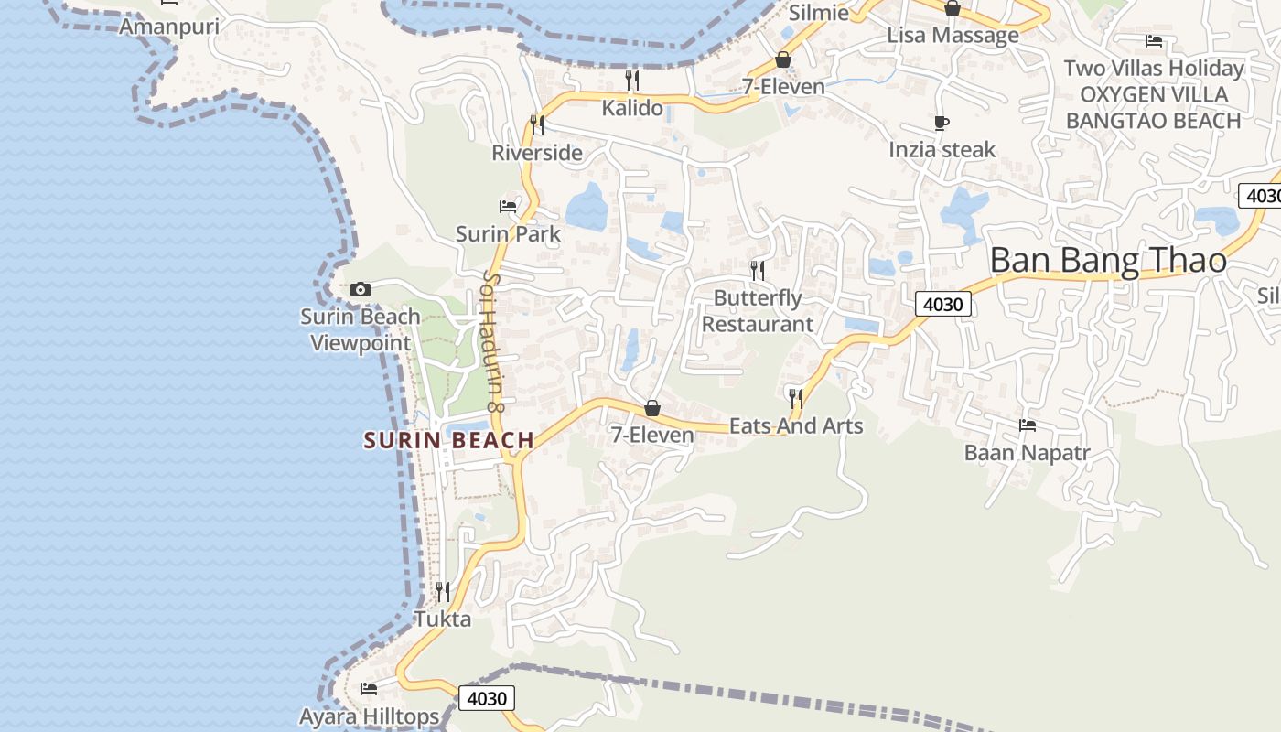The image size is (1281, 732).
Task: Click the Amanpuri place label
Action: [x=169, y=27]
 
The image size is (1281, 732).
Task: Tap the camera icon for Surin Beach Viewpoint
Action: [x=361, y=290]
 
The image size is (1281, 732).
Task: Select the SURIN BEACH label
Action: [x=449, y=440]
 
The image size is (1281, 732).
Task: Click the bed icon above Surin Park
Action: [x=508, y=207]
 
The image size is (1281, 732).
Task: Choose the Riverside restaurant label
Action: [x=537, y=153]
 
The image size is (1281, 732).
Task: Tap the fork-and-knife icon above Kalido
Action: [x=631, y=81]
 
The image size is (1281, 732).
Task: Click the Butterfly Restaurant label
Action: [x=758, y=311]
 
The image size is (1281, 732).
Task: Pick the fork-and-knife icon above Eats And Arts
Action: [x=796, y=398]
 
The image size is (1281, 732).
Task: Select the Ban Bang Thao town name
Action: [x=1108, y=261]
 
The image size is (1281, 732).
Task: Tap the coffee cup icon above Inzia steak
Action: [x=942, y=123]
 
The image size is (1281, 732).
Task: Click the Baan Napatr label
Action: [x=1028, y=453]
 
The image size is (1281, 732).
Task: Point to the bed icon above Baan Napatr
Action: [x=1028, y=425]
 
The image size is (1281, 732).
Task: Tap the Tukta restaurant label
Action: [x=443, y=619]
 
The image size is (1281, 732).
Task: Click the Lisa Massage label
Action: [x=953, y=36]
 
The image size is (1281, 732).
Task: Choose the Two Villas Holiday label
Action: [x=1154, y=69]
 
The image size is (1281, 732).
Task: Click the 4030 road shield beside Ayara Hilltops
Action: [x=486, y=699]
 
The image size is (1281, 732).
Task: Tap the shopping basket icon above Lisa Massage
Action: [x=953, y=8]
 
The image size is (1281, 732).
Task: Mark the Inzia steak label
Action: [x=942, y=150]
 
